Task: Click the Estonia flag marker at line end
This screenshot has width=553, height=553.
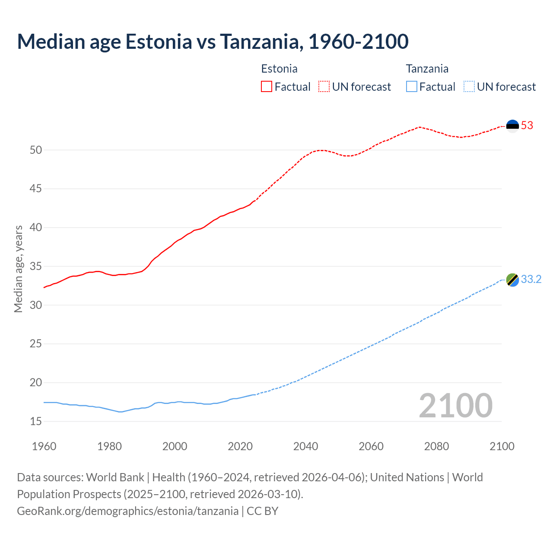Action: (512, 126)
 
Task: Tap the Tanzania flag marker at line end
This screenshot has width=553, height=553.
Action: (512, 280)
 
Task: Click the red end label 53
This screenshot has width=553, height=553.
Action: (527, 126)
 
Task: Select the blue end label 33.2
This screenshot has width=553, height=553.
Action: (531, 280)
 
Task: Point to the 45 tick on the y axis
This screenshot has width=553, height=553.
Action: (36, 189)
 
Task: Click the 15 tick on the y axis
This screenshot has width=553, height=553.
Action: (36, 421)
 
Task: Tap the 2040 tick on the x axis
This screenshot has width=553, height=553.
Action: (305, 446)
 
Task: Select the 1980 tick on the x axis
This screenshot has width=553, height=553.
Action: (109, 446)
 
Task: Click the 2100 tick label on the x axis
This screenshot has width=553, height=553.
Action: (502, 446)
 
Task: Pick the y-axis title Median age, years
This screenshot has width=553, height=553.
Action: (18, 269)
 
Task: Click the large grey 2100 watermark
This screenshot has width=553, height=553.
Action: (455, 405)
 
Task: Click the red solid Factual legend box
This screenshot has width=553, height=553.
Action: (267, 87)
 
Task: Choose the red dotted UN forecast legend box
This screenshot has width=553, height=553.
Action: (324, 87)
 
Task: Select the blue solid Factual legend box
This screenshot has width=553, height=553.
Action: (412, 87)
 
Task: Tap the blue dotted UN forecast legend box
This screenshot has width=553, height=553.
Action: (469, 87)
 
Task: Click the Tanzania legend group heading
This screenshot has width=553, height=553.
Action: (427, 69)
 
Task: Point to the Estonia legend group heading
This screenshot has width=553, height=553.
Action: (279, 69)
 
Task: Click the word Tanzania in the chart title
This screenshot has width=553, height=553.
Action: (259, 41)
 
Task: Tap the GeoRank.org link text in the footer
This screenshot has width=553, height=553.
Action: (127, 511)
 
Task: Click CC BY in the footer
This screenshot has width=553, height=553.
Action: (263, 511)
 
